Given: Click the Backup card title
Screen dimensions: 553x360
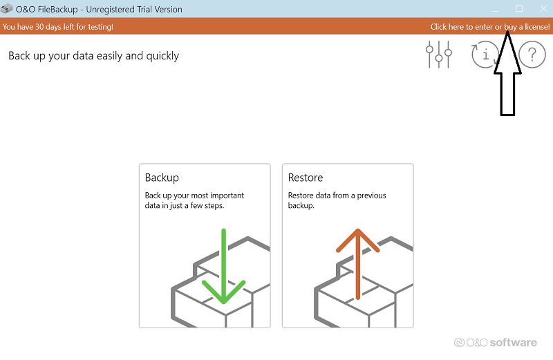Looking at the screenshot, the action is [162, 178].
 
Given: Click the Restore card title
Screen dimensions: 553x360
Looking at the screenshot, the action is [306, 178].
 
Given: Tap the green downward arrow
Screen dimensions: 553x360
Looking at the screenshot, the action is [223, 266].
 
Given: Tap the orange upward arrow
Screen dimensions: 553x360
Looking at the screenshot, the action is [358, 264].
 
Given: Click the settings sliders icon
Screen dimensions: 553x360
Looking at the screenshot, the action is [439, 55].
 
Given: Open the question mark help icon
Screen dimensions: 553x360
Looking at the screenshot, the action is [532, 55].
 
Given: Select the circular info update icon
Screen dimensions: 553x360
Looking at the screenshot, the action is [485, 55].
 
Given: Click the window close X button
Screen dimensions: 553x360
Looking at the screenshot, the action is [543, 8].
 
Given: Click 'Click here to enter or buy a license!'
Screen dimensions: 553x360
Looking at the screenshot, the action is [490, 27].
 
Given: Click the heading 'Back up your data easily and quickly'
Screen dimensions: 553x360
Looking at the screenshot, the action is [93, 56].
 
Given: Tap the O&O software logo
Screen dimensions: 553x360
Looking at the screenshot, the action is [495, 342].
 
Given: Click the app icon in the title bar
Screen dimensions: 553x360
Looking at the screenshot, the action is [7, 9].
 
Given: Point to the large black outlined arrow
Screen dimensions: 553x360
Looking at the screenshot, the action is [507, 73].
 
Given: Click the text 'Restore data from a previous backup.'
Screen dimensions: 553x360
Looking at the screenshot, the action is [337, 200].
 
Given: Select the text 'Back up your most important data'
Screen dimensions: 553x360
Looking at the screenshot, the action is [194, 200].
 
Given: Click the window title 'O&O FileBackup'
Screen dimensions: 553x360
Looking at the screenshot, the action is [46, 9].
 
